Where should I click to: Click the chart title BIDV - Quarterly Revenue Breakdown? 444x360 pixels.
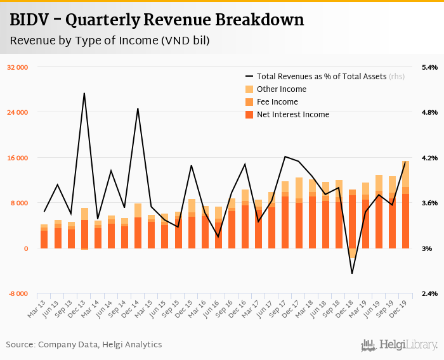[x=157, y=20]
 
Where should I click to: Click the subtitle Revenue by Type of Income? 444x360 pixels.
[x=110, y=41]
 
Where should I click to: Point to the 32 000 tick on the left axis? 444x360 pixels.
[x=18, y=67]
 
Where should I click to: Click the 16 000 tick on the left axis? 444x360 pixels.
[x=18, y=158]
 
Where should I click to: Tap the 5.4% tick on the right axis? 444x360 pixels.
[x=429, y=67]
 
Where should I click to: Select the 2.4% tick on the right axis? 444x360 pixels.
[x=429, y=294]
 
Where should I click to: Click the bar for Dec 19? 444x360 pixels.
[x=405, y=209]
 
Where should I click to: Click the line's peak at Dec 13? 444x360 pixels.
[x=84, y=93]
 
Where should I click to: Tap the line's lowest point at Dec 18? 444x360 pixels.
[x=352, y=273]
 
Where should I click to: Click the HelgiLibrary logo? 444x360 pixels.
[x=400, y=345]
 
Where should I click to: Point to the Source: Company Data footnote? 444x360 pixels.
[x=84, y=345]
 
